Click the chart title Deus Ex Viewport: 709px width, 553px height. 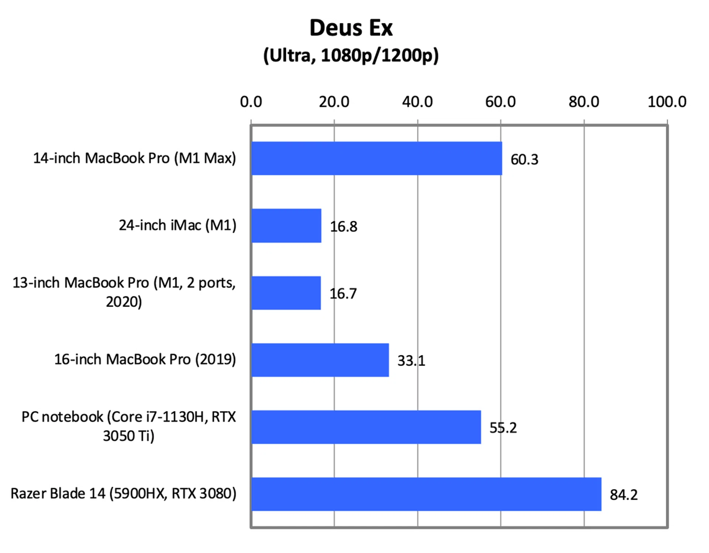coord(351,28)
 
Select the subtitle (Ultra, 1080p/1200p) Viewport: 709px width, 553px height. coord(351,56)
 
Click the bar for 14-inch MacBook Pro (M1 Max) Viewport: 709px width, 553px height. coord(376,158)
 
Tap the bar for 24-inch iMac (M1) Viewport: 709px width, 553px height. coord(286,226)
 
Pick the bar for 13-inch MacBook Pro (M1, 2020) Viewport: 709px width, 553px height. coord(286,293)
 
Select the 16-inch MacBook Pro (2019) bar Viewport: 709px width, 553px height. coord(320,360)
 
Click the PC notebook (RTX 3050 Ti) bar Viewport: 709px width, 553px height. coord(366,427)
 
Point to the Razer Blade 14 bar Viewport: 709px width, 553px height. coord(426,494)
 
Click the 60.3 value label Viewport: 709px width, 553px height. coord(524,159)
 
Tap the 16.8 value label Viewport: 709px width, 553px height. coord(343,227)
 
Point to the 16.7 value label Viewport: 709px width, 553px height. coord(343,294)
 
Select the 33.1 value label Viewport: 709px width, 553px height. coord(411,361)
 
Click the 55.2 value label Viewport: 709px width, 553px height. coord(503,428)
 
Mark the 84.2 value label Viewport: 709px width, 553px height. coord(623,495)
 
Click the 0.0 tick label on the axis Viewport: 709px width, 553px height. coord(251,102)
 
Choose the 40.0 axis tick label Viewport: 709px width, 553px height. coord(417,102)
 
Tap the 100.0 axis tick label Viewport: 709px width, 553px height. coord(667,102)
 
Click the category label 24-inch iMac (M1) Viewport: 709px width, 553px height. coord(177,225)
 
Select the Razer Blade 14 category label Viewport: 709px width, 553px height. coord(123,494)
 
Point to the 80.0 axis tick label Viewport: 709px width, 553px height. coord(584,102)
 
